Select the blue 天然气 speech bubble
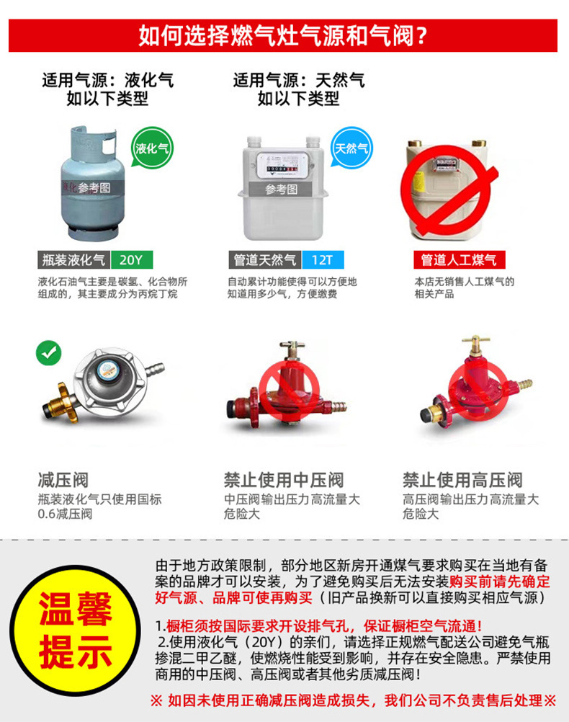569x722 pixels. pos(351,148)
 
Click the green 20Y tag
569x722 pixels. pos(131,259)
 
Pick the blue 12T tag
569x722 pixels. pos(323,259)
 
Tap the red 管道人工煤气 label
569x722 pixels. pos(459,259)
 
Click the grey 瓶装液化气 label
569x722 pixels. pos(73,259)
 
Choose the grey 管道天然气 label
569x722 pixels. pos(265,259)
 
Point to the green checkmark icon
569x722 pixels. pos(49,353)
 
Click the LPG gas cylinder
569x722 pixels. pos(92,183)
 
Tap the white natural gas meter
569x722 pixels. pos(283,188)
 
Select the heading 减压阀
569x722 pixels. pos(63,480)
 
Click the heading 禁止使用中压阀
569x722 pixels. pos(284,480)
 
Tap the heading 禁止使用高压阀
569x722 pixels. pos(462,480)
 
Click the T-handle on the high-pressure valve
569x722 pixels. pos(475,342)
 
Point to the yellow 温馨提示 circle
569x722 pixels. pos(75,630)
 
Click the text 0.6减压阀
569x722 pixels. pos(65,514)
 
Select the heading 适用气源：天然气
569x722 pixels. pos(299,80)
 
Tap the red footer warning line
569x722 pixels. pos(354,700)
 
